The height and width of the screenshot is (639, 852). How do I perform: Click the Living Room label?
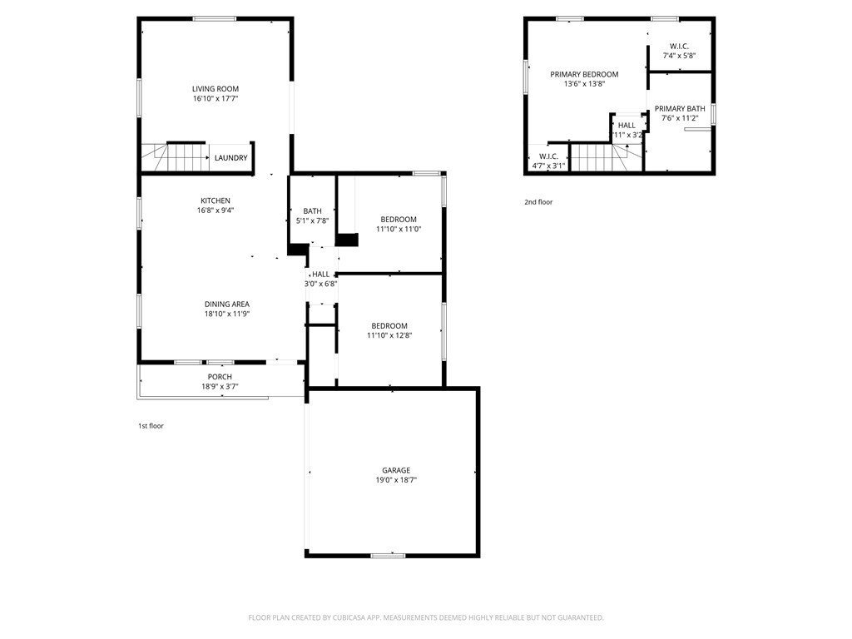tap(215, 89)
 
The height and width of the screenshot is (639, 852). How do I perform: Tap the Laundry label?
tap(231, 158)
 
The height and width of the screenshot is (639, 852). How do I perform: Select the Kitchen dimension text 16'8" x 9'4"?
tap(215, 211)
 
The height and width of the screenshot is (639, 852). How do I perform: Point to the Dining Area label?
tap(227, 305)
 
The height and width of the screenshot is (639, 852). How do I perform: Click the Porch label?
tap(220, 377)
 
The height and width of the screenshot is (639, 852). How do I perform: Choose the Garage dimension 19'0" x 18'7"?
tap(396, 480)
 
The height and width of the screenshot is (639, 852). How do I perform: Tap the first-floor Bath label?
tap(313, 211)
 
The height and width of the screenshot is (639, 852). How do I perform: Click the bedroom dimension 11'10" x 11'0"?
tap(399, 230)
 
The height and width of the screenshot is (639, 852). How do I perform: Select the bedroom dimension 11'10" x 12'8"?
tap(389, 336)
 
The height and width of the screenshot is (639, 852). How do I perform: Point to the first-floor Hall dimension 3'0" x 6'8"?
tap(320, 284)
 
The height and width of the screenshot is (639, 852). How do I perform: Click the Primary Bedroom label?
tap(584, 74)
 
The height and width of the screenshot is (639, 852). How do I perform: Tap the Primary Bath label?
tap(680, 109)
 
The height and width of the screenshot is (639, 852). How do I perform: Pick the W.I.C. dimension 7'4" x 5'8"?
tap(679, 56)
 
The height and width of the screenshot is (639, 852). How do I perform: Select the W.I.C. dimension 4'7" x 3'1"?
tap(548, 166)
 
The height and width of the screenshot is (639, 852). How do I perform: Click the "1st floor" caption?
tap(151, 426)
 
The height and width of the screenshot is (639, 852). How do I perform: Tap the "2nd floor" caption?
tap(538, 202)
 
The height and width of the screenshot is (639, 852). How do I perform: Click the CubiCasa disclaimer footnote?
tap(426, 618)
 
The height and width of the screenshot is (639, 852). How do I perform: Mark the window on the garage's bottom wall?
tap(388, 555)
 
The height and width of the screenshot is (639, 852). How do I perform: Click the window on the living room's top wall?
tap(215, 19)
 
